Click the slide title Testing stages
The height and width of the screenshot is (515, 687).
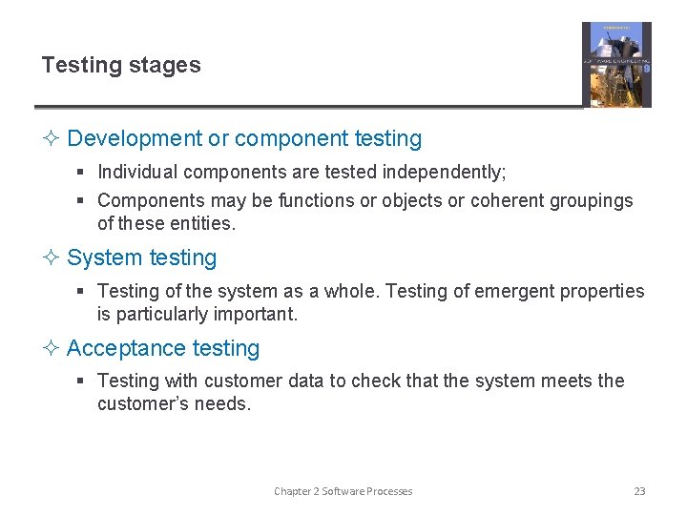click(121, 66)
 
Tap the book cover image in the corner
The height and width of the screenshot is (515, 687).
click(616, 65)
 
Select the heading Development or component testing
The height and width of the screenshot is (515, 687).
click(244, 138)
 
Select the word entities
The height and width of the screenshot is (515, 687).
click(204, 223)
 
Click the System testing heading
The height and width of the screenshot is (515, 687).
click(142, 257)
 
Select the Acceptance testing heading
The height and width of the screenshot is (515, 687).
click(163, 348)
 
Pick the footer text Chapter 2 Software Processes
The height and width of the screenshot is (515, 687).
click(343, 491)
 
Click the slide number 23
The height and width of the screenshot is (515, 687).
click(639, 491)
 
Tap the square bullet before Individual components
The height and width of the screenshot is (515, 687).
click(82, 173)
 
